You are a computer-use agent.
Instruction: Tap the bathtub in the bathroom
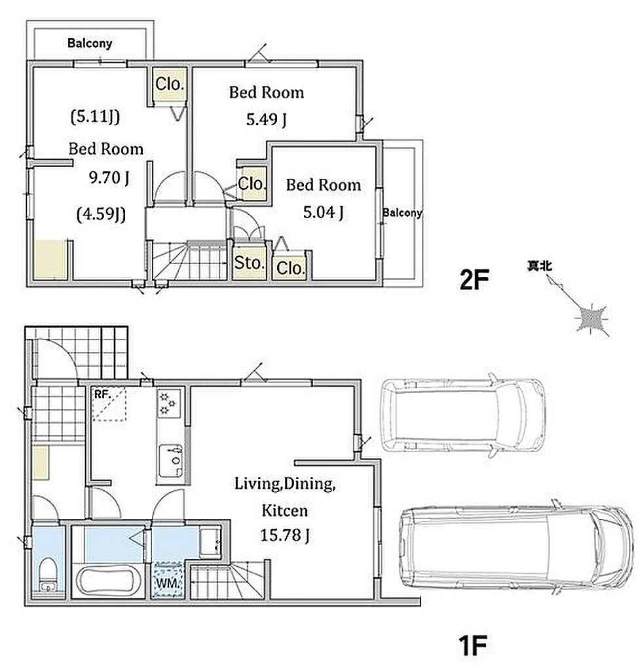109,581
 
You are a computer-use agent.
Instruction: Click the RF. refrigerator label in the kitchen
102,394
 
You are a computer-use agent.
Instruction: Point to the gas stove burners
168,403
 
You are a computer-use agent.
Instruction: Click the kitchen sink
171,461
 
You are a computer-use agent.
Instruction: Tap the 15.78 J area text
285,535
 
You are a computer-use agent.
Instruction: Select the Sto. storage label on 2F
248,263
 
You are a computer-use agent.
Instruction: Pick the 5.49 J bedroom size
266,119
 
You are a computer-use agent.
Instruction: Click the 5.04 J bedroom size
323,212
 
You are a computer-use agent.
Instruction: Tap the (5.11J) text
95,117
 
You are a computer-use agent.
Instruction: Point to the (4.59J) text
102,214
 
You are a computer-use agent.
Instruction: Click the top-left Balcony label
90,43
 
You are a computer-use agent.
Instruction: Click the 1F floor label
472,645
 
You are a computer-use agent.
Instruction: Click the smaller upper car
463,415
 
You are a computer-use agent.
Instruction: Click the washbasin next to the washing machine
210,542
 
